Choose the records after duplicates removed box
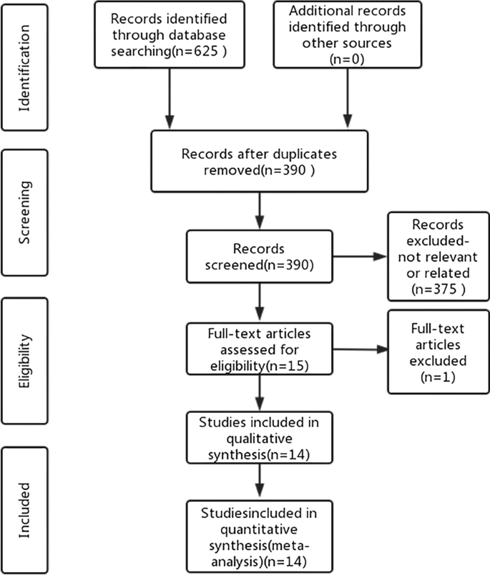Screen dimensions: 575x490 click(260, 161)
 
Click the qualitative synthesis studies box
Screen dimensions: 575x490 click(260, 436)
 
